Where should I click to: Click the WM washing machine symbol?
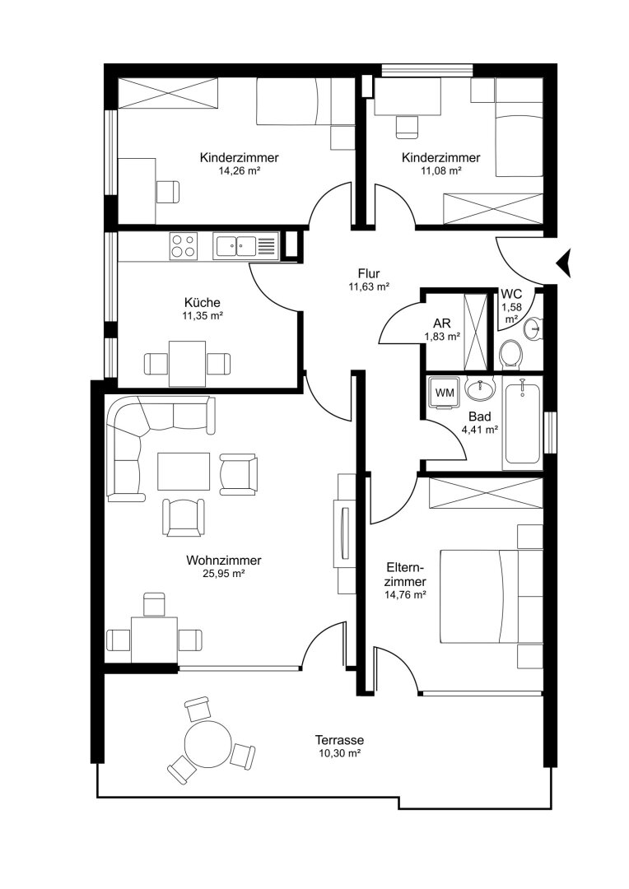coord(444,393)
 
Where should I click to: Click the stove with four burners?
coord(184,247)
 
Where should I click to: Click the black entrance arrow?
coord(565,263)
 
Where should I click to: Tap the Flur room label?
coord(369,274)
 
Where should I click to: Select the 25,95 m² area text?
coord(223,574)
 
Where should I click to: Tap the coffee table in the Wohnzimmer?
coord(184,471)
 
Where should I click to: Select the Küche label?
coord(203,303)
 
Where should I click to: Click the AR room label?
coord(442,323)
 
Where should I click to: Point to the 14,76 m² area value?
coord(405,595)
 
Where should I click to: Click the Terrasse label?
coord(339,740)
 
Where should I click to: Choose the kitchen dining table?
coord(188,364)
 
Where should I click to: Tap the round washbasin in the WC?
coord(533,328)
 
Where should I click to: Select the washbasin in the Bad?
coord(480,388)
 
